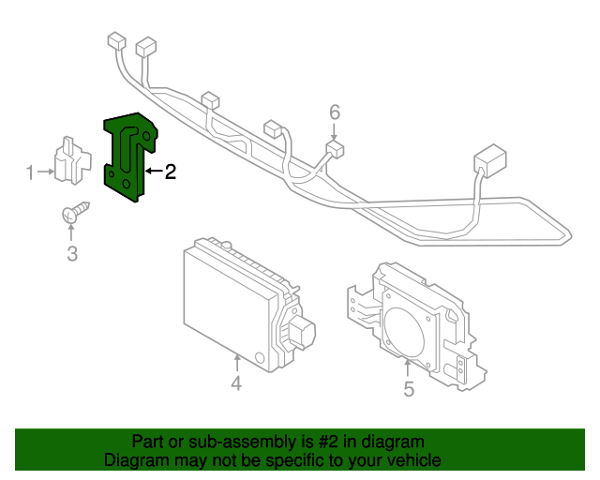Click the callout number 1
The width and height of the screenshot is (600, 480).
29,172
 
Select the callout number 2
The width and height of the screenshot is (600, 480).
170,172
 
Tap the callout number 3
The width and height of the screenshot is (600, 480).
72,253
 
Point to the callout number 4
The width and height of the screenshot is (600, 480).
236,382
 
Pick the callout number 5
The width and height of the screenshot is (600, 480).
409,388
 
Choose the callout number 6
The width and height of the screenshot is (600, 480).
335,112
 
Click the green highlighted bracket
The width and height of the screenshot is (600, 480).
128,155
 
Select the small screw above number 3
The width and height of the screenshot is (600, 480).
76,214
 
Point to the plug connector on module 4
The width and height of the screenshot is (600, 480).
301,331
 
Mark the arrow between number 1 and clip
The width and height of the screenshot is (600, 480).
44,172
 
